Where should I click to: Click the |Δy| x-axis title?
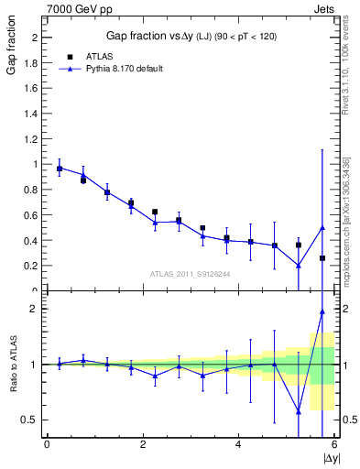330,456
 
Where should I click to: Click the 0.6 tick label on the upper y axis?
34,215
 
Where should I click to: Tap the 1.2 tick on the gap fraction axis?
34,139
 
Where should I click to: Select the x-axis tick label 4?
238,444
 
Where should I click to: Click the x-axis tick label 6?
334,444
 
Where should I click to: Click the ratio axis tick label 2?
37,309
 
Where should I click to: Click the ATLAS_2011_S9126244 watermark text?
191,274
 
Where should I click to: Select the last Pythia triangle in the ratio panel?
322,311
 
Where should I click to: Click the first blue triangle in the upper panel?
60,168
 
